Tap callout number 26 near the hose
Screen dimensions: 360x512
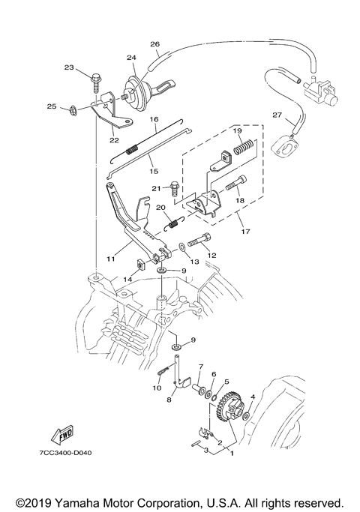154,43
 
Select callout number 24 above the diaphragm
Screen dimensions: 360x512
131,58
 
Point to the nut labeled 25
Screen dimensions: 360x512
73,109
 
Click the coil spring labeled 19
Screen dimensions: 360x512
244,146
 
